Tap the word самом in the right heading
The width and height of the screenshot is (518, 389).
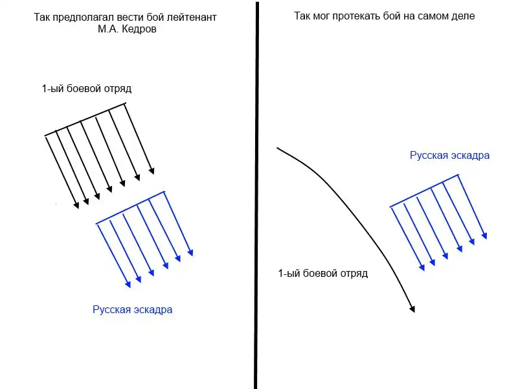tap(431, 16)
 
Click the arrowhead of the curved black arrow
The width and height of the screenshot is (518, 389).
tap(411, 309)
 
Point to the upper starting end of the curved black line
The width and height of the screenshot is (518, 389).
tap(278, 148)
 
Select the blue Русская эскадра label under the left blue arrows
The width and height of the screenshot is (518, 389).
tap(133, 310)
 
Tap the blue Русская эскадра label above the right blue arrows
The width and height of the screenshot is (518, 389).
tap(449, 156)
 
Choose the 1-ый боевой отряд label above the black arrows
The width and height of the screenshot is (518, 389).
tap(87, 88)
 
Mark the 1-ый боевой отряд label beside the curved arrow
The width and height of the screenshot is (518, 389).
tap(322, 274)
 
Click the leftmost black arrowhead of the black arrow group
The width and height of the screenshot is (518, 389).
tap(76, 206)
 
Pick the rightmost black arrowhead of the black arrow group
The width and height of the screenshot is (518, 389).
tap(153, 171)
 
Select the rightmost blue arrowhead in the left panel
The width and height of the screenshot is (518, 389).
tap(190, 253)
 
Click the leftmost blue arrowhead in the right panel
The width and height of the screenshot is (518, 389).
tap(422, 266)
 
